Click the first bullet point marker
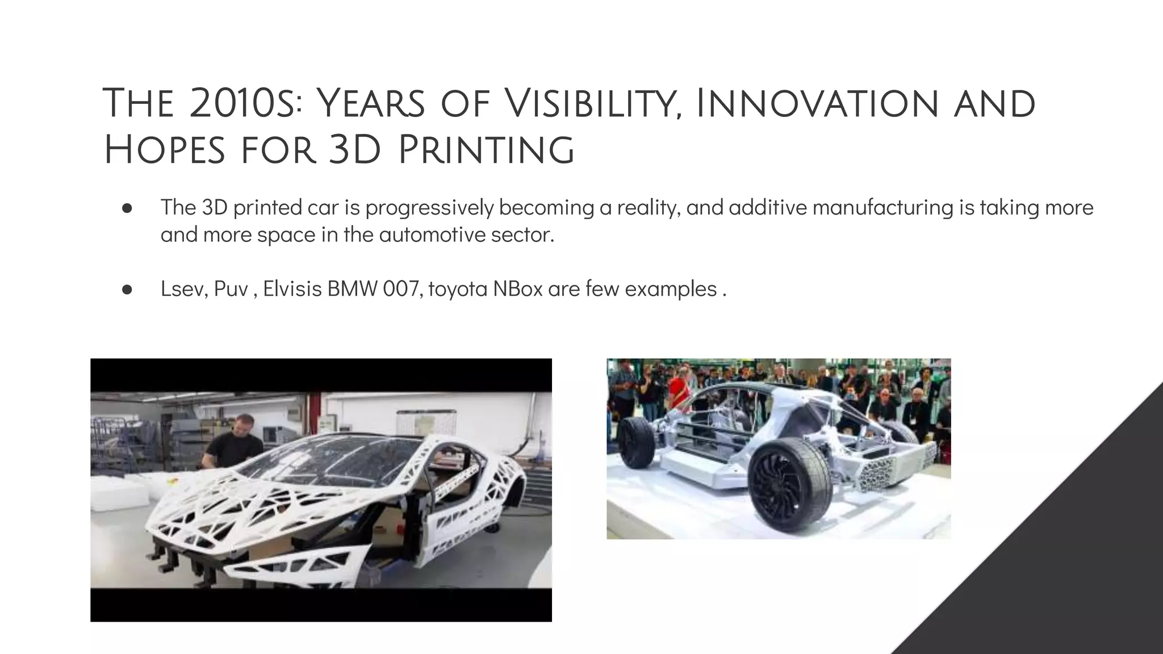pyautogui.click(x=127, y=208)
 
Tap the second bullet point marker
pyautogui.click(x=127, y=290)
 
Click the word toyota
pyautogui.click(x=458, y=290)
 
